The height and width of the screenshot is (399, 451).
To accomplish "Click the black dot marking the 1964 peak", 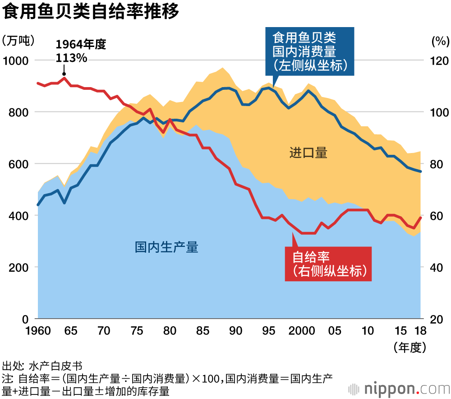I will coord(64,74).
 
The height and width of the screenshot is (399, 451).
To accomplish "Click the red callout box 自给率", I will coord(328,264).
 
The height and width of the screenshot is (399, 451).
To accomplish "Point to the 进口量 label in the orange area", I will coord(308,153).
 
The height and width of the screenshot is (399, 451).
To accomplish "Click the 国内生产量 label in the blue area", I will coord(166,247).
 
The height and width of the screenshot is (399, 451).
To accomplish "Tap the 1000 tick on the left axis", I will coord(16,60).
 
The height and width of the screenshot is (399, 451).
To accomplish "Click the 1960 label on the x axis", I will coord(38,331).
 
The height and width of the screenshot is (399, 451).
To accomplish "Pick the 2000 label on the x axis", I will coord(301,331).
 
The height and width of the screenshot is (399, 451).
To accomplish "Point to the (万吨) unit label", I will coord(18,41).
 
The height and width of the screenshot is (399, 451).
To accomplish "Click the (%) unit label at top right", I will coord(440,41).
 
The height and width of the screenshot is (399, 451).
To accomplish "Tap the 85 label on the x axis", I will coord(203,331).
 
